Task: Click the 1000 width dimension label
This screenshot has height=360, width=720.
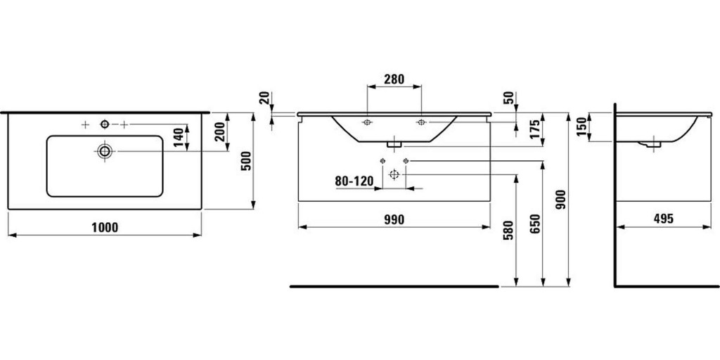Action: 105,227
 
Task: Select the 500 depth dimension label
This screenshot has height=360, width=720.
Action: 247,161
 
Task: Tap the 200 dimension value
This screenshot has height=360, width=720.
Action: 220,131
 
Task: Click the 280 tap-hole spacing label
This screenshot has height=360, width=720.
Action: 394,79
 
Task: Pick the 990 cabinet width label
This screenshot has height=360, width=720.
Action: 394,219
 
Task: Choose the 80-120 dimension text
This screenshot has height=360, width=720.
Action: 354,181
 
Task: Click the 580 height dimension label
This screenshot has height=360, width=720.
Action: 508,231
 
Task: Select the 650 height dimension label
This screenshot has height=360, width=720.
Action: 535,224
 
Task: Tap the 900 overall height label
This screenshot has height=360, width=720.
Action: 561,200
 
